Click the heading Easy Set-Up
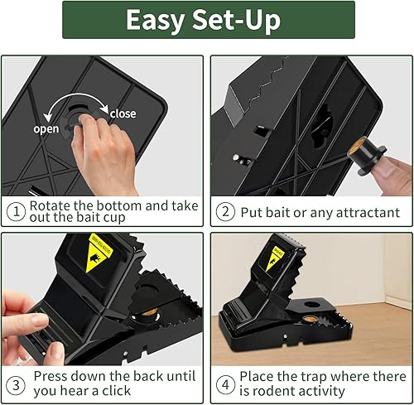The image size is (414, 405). click(x=208, y=20)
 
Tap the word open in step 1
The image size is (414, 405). click(x=46, y=129)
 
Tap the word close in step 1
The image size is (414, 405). click(x=123, y=113)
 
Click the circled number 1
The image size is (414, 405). click(x=15, y=213)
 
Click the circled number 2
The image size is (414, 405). click(x=224, y=213)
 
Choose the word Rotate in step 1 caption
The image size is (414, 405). click(x=53, y=205)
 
